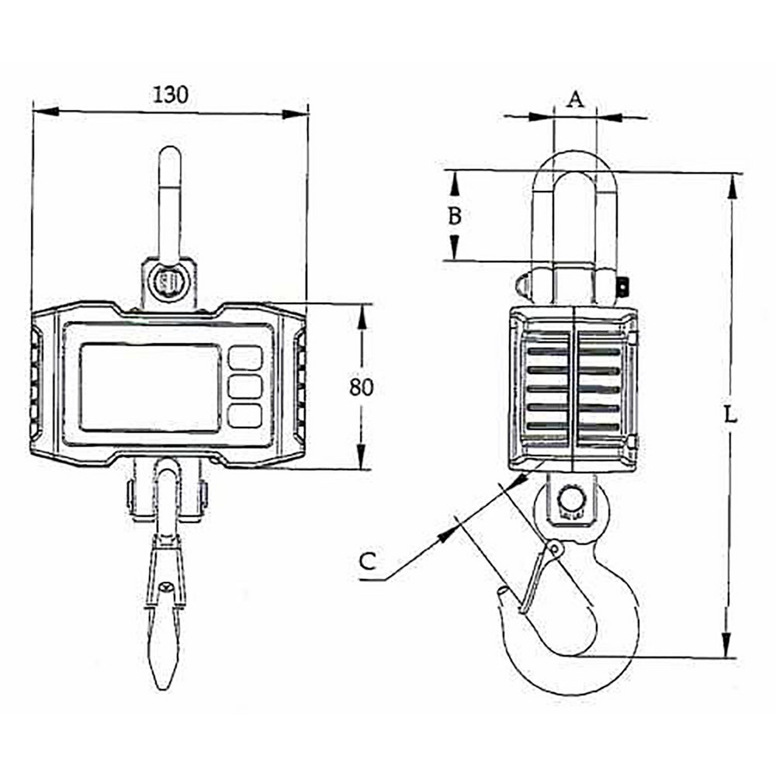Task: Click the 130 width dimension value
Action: point(170,95)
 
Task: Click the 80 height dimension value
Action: point(361,386)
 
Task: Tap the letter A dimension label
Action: point(574,99)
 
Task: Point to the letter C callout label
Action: point(369,560)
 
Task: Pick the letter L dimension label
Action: point(729,414)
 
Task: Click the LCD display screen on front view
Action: point(151,387)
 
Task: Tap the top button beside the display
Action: point(245,358)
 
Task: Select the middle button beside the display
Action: point(245,386)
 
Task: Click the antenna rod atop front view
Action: point(169,202)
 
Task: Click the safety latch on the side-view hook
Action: point(539,578)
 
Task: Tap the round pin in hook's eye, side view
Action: point(572,498)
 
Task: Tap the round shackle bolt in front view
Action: point(168,282)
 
